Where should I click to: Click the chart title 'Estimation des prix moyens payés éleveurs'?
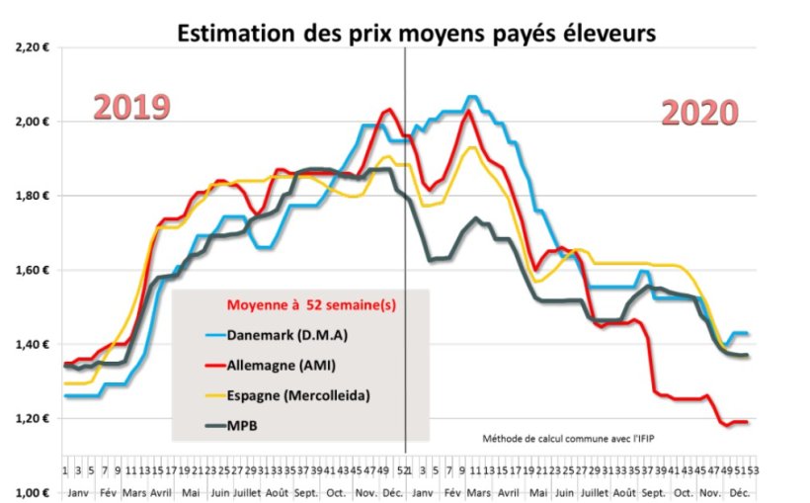tap(415, 34)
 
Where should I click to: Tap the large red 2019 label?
tap(132, 108)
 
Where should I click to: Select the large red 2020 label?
tap(699, 114)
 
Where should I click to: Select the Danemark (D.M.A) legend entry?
tap(288, 335)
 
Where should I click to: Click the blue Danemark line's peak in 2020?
tap(472, 97)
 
